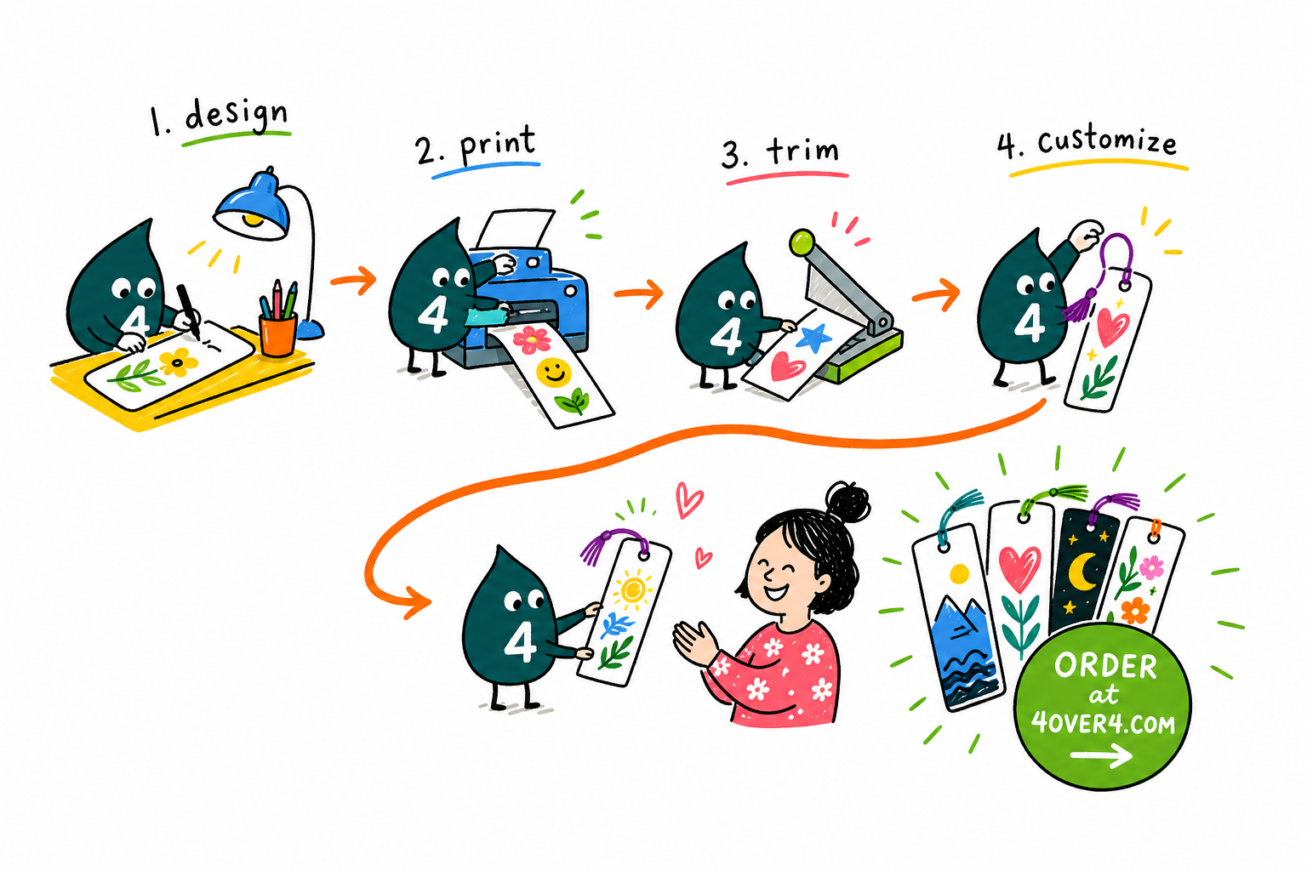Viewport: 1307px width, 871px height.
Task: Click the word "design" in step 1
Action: [237, 115]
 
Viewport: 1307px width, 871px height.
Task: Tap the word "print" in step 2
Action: [498, 145]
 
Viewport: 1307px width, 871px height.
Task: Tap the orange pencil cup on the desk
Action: [277, 333]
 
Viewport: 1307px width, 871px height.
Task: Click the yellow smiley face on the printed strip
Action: [554, 373]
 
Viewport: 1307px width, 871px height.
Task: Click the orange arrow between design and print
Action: [354, 281]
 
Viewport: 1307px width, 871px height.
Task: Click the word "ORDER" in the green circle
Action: [1105, 666]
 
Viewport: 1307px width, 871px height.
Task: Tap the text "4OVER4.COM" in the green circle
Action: [1103, 723]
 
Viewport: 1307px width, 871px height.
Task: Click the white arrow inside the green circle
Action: [1101, 755]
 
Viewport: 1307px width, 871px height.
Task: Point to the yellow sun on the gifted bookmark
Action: [632, 589]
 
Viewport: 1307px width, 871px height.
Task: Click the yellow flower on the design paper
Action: [178, 361]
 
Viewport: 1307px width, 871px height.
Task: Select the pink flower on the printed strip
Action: [532, 339]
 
